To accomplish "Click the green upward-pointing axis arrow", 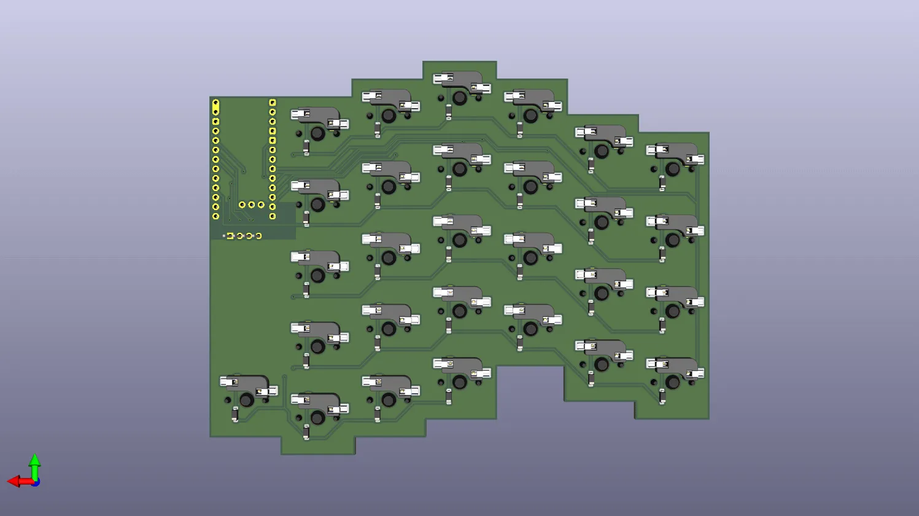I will tap(35, 460).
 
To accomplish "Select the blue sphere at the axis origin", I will tap(36, 483).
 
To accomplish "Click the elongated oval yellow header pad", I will tap(215, 107).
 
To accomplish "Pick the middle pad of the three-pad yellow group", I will tap(252, 205).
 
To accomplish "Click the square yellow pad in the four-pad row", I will tap(230, 236).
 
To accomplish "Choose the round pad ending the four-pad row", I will tap(258, 236).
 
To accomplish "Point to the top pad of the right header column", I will tap(273, 103).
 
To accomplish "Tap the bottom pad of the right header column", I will tap(273, 216).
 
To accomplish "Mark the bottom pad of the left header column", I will tap(215, 216).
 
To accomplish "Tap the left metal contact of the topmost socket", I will tap(441, 79).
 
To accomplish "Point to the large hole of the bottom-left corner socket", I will tap(246, 401).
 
